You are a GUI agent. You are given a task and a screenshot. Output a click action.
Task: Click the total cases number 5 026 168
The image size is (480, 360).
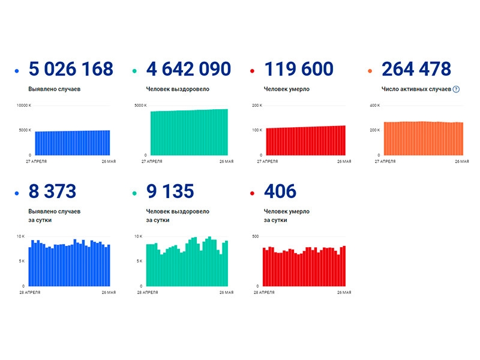coord(71,69)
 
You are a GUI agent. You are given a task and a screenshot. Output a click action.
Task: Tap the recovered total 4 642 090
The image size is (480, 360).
coord(188,69)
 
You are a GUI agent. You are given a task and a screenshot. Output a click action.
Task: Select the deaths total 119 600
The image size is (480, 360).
coord(299,69)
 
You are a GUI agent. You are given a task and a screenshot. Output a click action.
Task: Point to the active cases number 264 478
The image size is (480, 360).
coord(416,69)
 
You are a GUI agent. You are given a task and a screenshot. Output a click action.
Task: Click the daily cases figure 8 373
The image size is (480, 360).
coord(52,191)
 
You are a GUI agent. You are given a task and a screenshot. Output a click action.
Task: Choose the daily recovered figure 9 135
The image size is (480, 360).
coord(170,191)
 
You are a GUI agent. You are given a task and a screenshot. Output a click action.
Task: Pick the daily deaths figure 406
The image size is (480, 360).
coord(280,191)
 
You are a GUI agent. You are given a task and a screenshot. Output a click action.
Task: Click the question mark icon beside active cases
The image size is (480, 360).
coord(456,89)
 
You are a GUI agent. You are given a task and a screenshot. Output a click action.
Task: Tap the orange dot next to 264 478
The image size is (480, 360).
coord(370,71)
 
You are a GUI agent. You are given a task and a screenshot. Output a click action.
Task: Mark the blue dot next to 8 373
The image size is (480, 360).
coord(17,193)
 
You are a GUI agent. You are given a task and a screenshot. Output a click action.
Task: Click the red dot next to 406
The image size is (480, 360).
coord(252,193)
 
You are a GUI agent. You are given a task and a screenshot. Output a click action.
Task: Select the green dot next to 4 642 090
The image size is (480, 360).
coord(134,71)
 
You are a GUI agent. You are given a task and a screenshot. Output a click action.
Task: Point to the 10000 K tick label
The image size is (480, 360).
coord(24,106)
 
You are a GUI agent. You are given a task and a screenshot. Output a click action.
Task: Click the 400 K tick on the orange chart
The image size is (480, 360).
coord(375,106)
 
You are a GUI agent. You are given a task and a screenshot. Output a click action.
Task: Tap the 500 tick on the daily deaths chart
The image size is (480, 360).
coord(256,236)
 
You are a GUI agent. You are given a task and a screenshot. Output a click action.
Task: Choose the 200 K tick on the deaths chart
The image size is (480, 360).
coord(257,106)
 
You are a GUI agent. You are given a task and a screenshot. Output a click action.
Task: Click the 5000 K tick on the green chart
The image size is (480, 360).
coord(140,106)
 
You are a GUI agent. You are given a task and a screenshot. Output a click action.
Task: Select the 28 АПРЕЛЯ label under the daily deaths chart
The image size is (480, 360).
coord(264,292)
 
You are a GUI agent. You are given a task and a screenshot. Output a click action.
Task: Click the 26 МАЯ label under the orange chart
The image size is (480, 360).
coord(462,161)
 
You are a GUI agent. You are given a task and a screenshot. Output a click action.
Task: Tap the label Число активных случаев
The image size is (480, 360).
coord(416,89)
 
